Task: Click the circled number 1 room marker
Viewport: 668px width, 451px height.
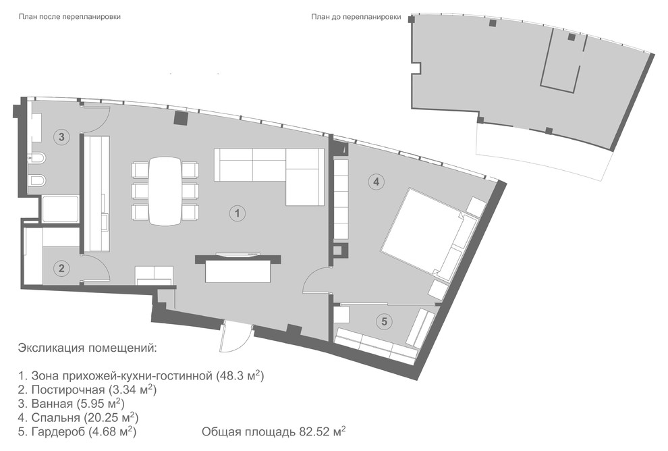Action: click(238, 213)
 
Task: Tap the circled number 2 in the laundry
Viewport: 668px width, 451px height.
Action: click(62, 268)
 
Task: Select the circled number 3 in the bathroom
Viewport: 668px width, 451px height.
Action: click(62, 137)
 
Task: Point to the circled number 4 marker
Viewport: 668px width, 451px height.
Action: click(377, 182)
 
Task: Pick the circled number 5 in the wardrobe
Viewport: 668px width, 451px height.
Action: click(385, 321)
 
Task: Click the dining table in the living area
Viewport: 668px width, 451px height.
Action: click(165, 190)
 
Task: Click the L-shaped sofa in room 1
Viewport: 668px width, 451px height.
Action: click(269, 176)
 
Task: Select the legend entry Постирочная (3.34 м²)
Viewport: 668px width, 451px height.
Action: click(87, 389)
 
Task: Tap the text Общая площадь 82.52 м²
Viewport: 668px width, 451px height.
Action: click(273, 431)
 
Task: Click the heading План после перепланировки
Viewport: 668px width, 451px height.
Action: click(69, 17)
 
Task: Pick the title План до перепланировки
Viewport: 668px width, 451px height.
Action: click(356, 17)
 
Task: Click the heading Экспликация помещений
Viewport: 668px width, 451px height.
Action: click(87, 348)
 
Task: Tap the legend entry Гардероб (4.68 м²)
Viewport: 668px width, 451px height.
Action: click(77, 431)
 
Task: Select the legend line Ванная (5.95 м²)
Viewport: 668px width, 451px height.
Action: click(71, 403)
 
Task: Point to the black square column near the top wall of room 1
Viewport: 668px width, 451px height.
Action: click(181, 118)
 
